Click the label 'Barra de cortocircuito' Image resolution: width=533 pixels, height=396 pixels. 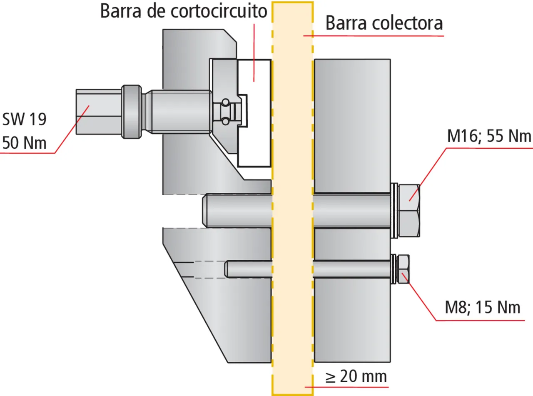[x=183, y=12]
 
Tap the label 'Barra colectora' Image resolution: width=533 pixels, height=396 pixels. [x=384, y=23]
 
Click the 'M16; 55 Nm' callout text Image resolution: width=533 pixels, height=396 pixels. [x=489, y=137]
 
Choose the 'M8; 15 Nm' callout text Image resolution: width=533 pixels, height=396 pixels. [x=483, y=308]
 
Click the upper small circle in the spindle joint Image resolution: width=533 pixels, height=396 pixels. [x=225, y=102]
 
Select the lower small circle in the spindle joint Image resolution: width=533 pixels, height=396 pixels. [x=225, y=121]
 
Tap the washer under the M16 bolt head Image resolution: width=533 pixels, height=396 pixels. [x=394, y=211]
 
